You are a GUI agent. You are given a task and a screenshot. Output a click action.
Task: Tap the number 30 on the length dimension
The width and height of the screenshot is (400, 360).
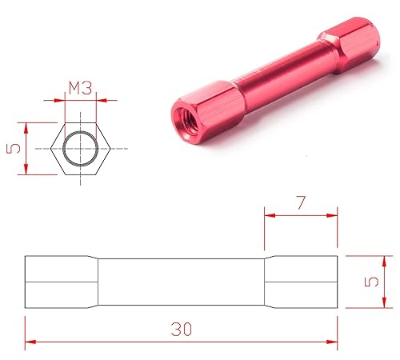(x=182, y=329)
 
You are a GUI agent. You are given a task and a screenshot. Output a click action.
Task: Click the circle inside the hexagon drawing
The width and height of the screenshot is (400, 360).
(x=80, y=148)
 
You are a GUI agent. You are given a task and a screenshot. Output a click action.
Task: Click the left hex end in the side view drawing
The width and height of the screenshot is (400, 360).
(x=60, y=282)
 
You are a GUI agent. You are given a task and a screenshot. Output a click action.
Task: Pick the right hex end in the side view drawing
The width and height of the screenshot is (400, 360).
(x=302, y=282)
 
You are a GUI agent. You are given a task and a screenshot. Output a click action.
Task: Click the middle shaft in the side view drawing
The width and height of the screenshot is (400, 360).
(x=182, y=282)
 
